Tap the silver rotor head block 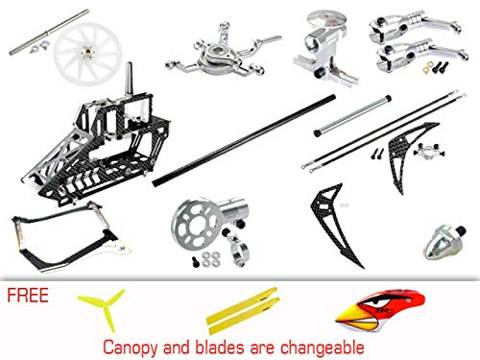[x=326, y=43]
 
